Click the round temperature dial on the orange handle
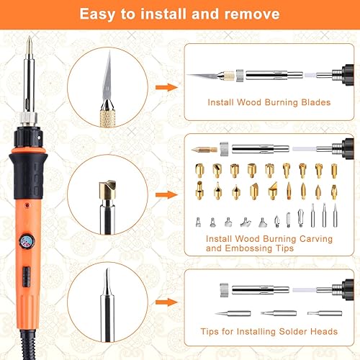coord(27,241)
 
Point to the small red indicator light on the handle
coord(27,205)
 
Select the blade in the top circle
coord(107,81)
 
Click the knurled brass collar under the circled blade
coord(107,118)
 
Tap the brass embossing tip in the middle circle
coord(107,189)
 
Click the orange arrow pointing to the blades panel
coord(166,87)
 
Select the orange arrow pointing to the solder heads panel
coord(166,302)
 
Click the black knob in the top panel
coord(348,75)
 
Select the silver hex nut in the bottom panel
coord(224,290)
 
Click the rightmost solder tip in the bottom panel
coord(325,313)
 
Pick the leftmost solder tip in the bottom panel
coord(233,313)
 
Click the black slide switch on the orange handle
coord(27,276)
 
